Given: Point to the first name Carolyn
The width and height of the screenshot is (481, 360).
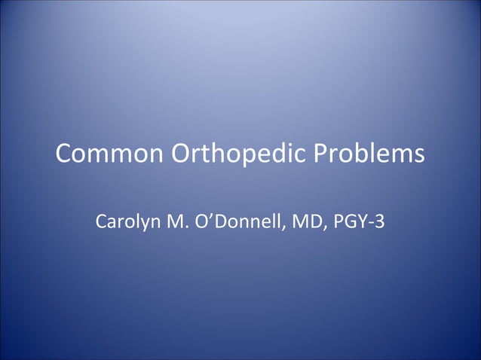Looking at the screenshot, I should pyautogui.click(x=126, y=223).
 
